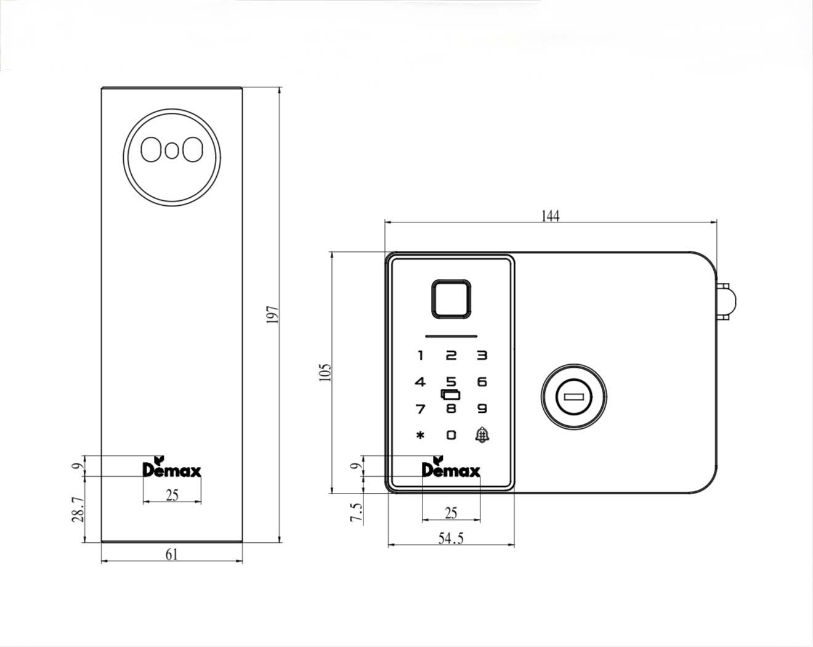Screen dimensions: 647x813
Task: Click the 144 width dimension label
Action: (550, 216)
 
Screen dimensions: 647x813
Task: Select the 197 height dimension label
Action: (274, 314)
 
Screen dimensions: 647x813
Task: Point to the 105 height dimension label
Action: (326, 372)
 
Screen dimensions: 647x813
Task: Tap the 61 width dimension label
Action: (172, 554)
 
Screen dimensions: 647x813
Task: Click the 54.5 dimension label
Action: (451, 539)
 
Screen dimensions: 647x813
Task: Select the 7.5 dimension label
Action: (357, 512)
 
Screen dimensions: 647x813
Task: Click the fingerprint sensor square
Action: (451, 299)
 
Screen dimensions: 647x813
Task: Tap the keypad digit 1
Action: (421, 356)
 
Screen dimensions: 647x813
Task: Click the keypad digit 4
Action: (420, 382)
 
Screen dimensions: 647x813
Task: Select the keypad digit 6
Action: (482, 382)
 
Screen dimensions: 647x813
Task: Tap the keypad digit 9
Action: (482, 408)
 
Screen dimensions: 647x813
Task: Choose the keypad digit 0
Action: (451, 435)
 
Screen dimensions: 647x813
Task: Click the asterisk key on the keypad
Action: (420, 435)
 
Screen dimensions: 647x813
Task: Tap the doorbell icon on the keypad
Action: (482, 435)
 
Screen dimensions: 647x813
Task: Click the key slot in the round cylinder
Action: (573, 397)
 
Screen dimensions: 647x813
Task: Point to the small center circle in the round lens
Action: (172, 150)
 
